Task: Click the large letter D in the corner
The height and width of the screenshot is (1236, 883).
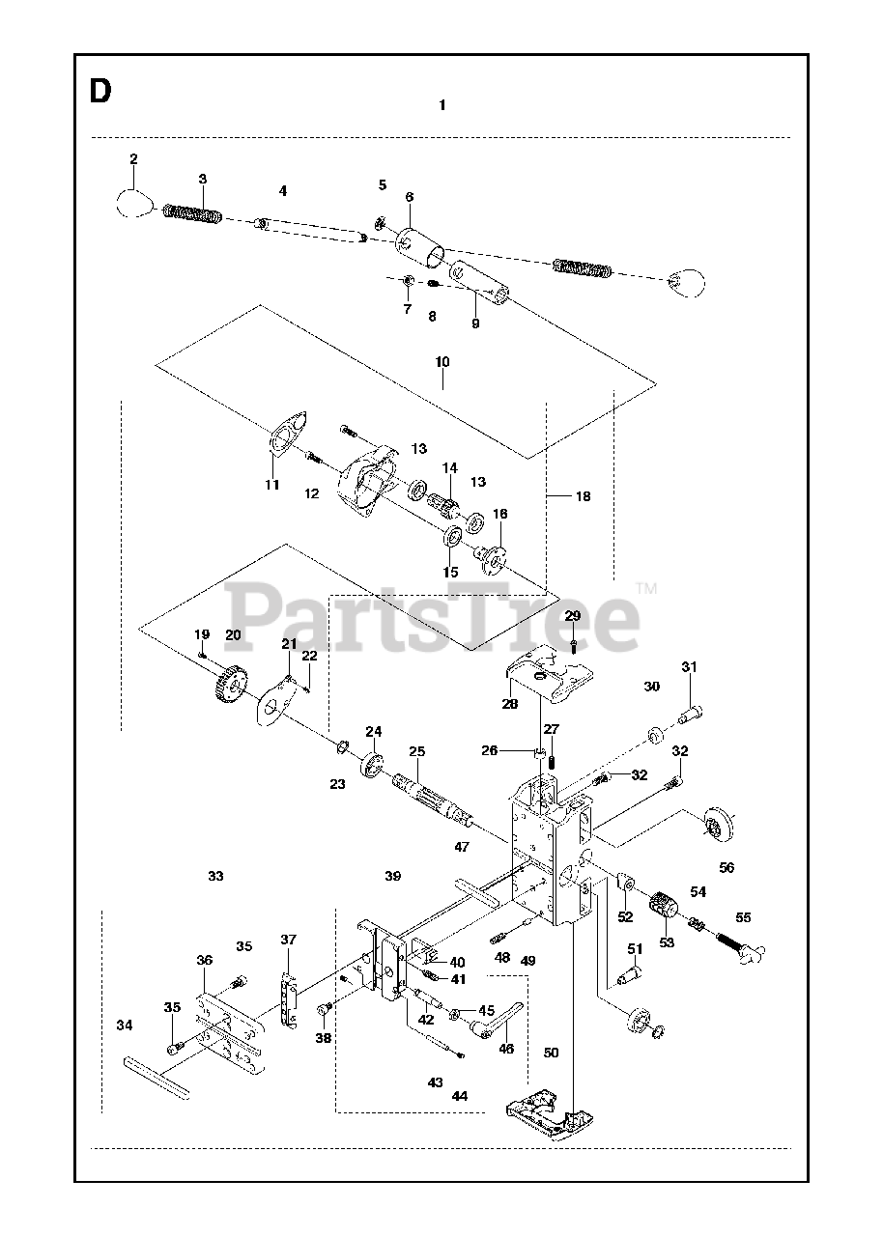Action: (100, 92)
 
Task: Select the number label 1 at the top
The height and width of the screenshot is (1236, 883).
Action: (441, 105)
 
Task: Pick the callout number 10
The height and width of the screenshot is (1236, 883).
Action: (442, 362)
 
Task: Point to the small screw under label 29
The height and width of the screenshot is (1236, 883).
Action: (574, 644)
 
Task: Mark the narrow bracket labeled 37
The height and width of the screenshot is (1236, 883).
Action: (286, 994)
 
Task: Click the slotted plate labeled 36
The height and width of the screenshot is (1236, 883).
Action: (228, 1028)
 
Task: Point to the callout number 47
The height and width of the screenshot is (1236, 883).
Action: (462, 847)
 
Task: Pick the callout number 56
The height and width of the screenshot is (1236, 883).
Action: (726, 867)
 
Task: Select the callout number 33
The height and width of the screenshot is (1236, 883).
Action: (215, 876)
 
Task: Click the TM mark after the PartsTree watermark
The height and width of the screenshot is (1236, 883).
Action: (646, 587)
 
